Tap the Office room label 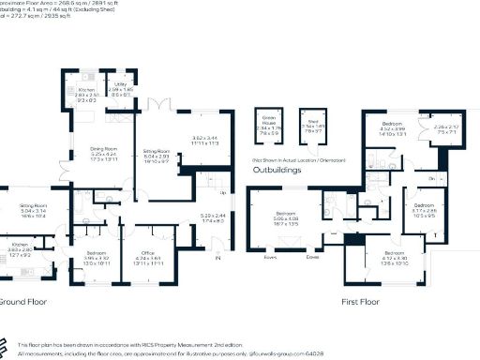point(148,253)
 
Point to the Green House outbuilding point(270,125)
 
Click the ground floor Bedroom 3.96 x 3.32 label point(96,253)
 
